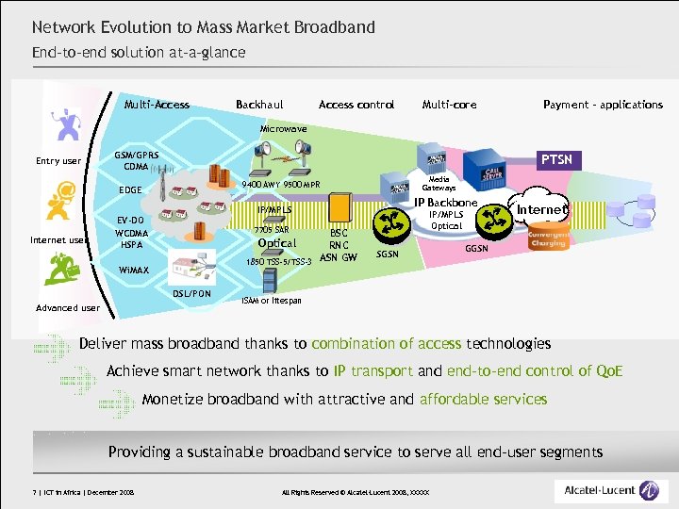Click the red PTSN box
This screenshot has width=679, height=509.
(554, 160)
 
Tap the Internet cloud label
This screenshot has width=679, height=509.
(541, 209)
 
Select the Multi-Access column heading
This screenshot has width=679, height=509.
(157, 105)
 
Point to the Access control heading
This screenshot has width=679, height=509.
(356, 105)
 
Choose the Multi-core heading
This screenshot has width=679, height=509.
(449, 105)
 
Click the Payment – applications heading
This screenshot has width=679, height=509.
(603, 105)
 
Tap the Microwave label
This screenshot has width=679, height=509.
(282, 127)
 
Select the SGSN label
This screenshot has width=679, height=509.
(389, 254)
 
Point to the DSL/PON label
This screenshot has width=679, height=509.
(192, 293)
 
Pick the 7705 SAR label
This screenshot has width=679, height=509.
(272, 229)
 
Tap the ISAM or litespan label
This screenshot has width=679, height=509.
(272, 300)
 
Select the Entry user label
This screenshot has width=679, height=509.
(58, 161)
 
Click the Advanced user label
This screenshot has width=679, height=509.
(67, 308)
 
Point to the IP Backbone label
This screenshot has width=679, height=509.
(445, 203)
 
